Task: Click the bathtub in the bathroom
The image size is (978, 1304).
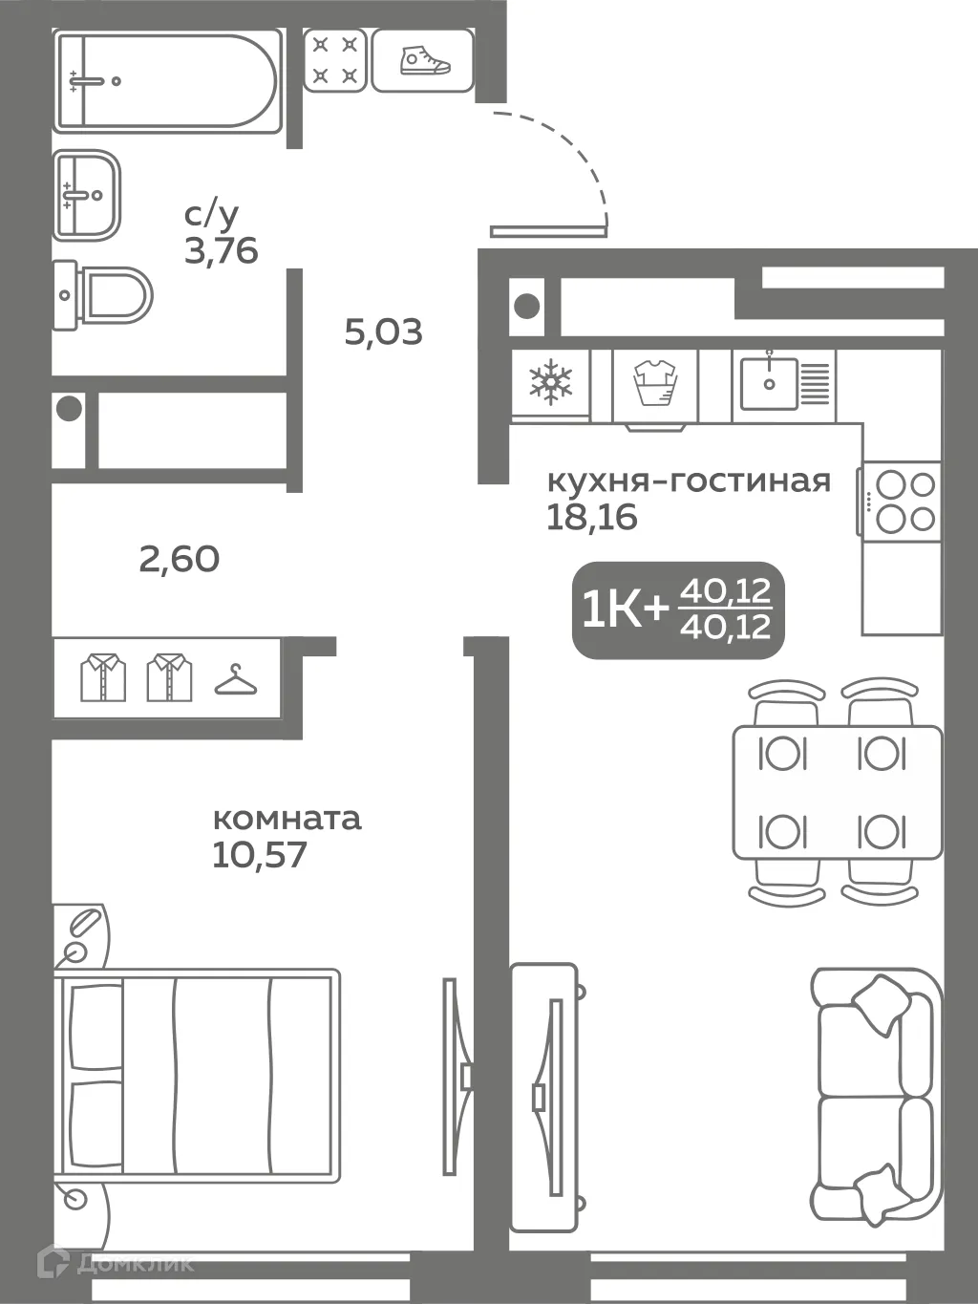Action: (x=167, y=80)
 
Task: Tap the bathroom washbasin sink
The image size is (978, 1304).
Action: (x=87, y=195)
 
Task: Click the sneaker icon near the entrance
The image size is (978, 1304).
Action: (x=423, y=60)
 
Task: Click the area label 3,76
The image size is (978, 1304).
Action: (x=221, y=250)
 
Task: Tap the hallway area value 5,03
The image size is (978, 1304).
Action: (x=383, y=332)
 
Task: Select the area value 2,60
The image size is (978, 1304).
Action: (x=179, y=559)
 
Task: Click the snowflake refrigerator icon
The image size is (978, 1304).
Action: (x=550, y=383)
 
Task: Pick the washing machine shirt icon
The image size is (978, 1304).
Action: (x=654, y=383)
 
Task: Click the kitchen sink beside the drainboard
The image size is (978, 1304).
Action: (x=769, y=383)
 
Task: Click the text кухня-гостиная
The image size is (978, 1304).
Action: (x=688, y=481)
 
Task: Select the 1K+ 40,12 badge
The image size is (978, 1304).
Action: (x=678, y=609)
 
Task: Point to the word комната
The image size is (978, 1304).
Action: (x=287, y=819)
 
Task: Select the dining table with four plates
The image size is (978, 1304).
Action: (x=837, y=792)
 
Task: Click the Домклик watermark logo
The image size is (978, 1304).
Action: (x=115, y=1263)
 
